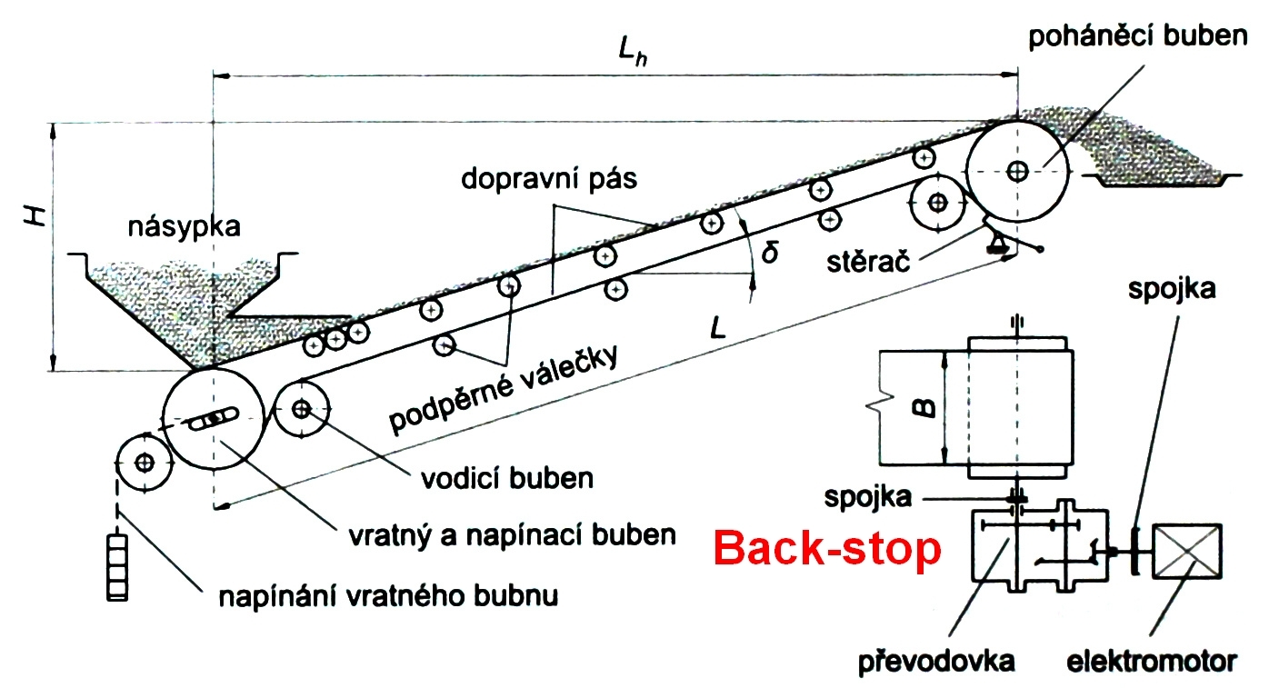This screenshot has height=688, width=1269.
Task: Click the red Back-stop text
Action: pos(827,549)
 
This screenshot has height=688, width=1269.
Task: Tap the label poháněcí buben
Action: pos(1137,35)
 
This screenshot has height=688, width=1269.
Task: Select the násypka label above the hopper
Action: pos(185,226)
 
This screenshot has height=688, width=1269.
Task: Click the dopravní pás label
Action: pos(549,179)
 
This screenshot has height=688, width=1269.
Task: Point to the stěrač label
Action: pos(868,262)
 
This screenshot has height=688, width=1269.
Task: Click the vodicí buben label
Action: pos(507,478)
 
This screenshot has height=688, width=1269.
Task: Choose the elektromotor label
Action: pos(1152,662)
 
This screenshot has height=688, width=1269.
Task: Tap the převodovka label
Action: pos(936,662)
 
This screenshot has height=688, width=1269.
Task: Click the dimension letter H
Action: pos(36,216)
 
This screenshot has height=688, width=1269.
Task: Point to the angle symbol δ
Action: pos(770,253)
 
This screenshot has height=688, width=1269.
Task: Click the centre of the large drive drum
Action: pos(1017,171)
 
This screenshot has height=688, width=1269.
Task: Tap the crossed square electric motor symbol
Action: pos(1187,551)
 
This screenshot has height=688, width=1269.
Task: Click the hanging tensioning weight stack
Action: pos(117,566)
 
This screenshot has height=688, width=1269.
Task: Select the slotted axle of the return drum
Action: pos(214,418)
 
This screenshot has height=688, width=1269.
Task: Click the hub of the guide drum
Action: pos(302,408)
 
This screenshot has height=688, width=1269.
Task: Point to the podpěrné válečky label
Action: pos(503,390)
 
